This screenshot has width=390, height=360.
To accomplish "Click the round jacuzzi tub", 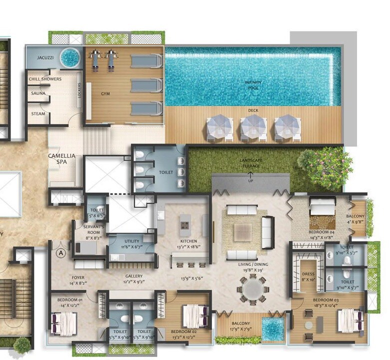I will tap(70, 57).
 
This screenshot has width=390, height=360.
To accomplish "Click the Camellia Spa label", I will tap(61, 159).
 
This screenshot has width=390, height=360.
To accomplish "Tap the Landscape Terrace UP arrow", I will tap(250, 175).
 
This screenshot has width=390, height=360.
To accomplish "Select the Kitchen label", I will tap(189, 241).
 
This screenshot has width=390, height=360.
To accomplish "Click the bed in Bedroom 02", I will tap(194, 316).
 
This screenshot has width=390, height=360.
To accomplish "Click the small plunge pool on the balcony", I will tap(273, 329).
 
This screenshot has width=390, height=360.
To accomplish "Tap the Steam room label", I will tap(38, 114).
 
